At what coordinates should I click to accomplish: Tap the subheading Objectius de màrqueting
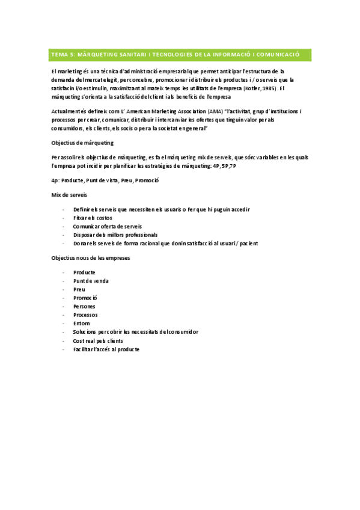pyautogui.click(x=83, y=143)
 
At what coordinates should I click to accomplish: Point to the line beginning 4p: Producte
pyautogui.click(x=105, y=180)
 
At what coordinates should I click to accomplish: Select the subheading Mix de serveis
pyautogui.click(x=70, y=195)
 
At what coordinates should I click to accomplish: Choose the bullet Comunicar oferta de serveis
pyautogui.click(x=108, y=226)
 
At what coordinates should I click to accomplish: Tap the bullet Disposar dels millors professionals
pyautogui.click(x=115, y=235)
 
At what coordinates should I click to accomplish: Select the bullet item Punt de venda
pyautogui.click(x=91, y=281)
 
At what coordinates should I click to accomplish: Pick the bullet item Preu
pyautogui.click(x=79, y=289)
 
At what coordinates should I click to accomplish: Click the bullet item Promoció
pyautogui.click(x=85, y=298)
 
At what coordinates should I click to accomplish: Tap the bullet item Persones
pyautogui.click(x=84, y=306)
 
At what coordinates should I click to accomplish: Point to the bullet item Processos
pyautogui.click(x=85, y=315)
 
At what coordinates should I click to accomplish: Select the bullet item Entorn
pyautogui.click(x=82, y=324)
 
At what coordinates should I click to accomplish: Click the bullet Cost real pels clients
pyautogui.click(x=98, y=340)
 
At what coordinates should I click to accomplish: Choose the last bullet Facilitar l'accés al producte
pyautogui.click(x=106, y=349)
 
